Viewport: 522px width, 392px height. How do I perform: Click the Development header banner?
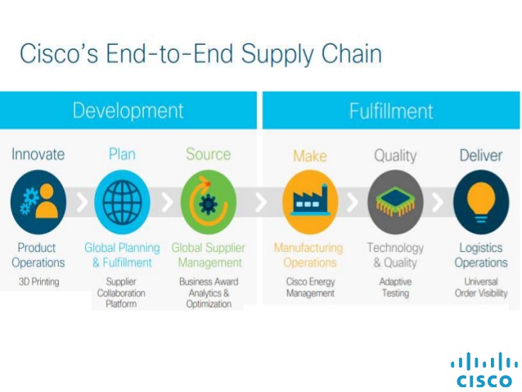[x=128, y=110]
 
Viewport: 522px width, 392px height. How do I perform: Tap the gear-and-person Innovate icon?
[x=38, y=201]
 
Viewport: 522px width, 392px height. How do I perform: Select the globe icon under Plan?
[x=122, y=201]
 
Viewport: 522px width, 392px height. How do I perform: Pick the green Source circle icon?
[x=208, y=201]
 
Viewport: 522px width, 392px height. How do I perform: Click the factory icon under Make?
[x=310, y=201]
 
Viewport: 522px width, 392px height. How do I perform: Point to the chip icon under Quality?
[x=395, y=201]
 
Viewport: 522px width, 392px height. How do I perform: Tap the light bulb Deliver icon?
[x=481, y=201]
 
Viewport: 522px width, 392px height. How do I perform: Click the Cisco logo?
[x=484, y=371]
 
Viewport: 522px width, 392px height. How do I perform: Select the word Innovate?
[x=38, y=155]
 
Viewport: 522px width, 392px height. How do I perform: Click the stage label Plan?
[x=122, y=155]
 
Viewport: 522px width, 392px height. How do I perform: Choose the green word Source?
[x=208, y=155]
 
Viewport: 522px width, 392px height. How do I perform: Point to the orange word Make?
[x=310, y=155]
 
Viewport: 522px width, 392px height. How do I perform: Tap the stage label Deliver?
[x=481, y=155]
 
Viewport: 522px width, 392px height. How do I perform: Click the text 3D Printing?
[x=38, y=282]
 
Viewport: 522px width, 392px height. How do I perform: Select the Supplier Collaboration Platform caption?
[x=122, y=293]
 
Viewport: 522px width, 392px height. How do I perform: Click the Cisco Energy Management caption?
[x=310, y=287]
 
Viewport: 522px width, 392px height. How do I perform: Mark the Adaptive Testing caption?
[x=395, y=287]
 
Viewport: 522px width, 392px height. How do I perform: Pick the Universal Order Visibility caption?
[x=481, y=287]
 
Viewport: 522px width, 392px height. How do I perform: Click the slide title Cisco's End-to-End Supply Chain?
[x=200, y=54]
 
